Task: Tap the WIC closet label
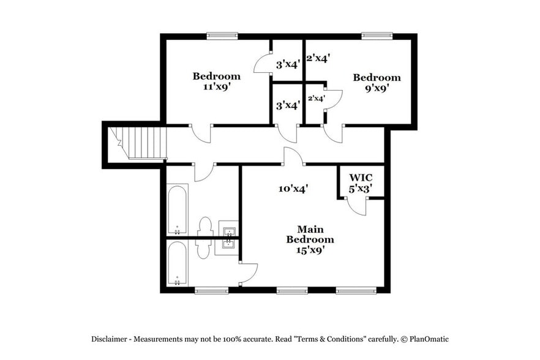click(361, 178)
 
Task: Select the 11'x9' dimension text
click(216, 87)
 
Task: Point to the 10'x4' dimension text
click(293, 189)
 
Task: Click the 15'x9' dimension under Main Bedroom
click(310, 250)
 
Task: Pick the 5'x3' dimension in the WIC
click(361, 189)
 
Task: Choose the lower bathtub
click(177, 263)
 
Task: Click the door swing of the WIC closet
click(356, 206)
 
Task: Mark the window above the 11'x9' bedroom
click(222, 36)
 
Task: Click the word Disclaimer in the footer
click(110, 339)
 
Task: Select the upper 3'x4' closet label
click(287, 64)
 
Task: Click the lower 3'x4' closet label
click(287, 105)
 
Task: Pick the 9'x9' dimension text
click(377, 88)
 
